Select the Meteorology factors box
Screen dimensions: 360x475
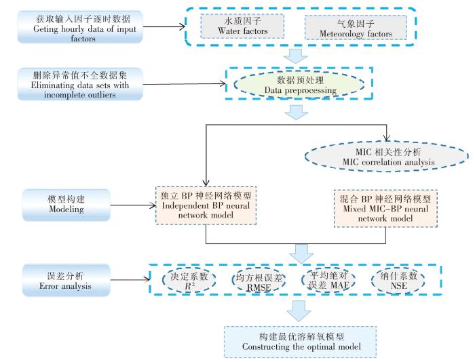[x=356, y=26]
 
